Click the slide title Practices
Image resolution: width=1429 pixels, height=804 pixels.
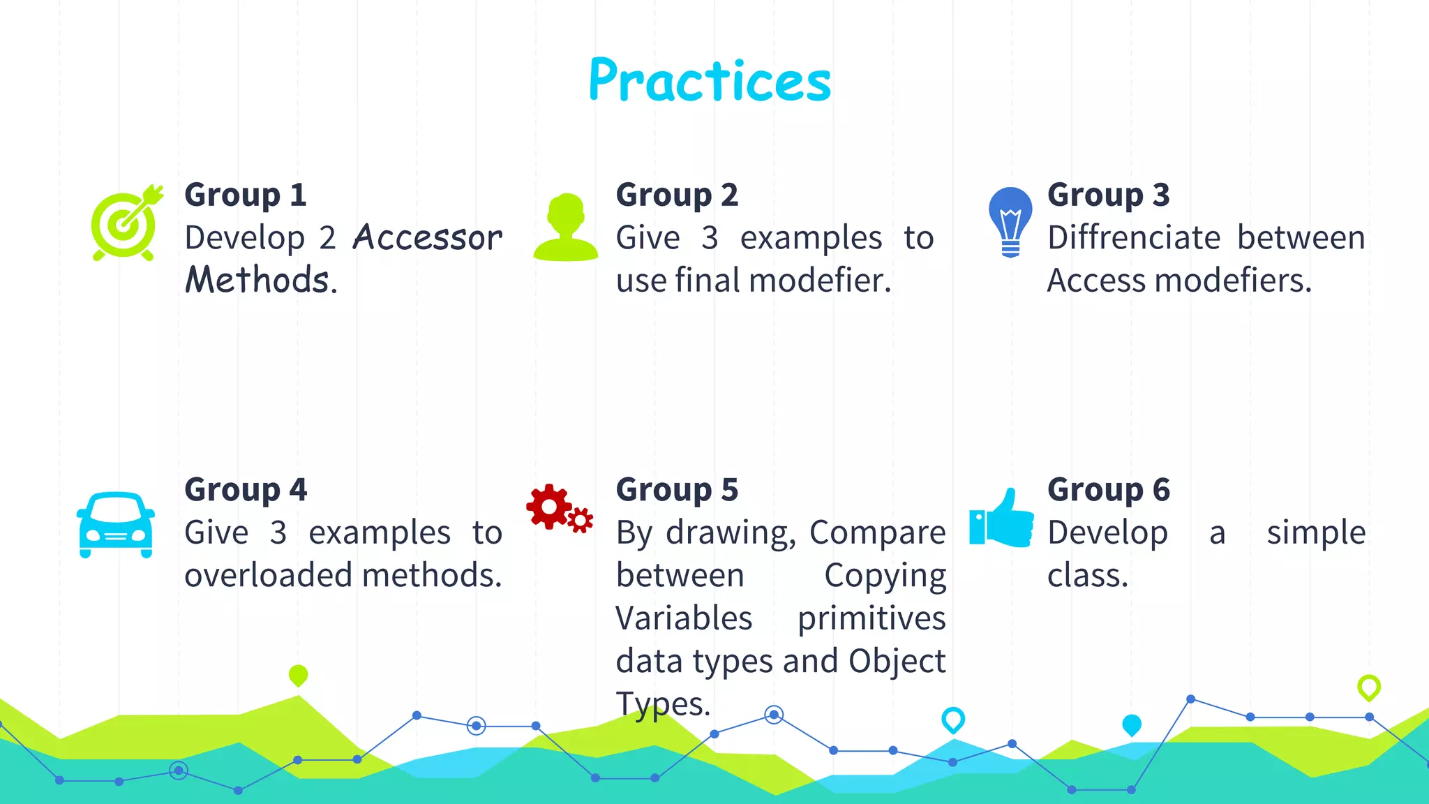(x=710, y=80)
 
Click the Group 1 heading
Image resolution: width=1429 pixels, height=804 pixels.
(x=246, y=195)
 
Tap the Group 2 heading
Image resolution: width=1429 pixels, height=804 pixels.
(x=677, y=195)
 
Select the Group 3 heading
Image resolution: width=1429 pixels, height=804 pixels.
(x=1108, y=195)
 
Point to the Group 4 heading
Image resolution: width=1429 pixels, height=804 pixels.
(x=246, y=490)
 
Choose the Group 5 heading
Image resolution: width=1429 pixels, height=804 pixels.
(x=677, y=490)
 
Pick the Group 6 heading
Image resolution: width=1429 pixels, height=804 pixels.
(x=1108, y=490)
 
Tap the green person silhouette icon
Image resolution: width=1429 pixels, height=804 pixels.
(x=566, y=228)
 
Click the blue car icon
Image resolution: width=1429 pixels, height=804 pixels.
(x=116, y=525)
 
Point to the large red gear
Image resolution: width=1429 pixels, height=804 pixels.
(x=549, y=506)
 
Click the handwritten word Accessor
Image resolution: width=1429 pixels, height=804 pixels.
(x=427, y=238)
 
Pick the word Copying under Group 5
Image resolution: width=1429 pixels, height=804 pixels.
(x=885, y=576)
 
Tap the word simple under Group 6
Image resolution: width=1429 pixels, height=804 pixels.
(x=1316, y=533)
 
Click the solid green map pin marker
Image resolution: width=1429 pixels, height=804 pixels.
(x=298, y=675)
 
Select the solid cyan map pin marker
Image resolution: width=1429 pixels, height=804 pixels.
(x=1131, y=724)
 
